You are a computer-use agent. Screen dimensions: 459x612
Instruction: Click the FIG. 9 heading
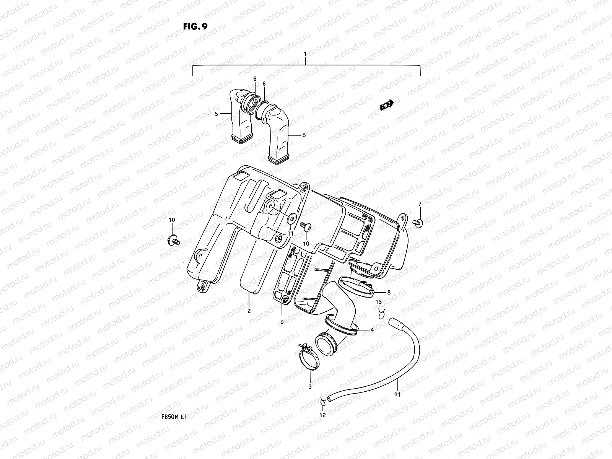(x=195, y=26)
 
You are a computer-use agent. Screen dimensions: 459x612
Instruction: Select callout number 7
(x=420, y=203)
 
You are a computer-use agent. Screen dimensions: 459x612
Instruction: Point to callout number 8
(x=389, y=293)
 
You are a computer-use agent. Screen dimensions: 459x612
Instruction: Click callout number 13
(x=378, y=302)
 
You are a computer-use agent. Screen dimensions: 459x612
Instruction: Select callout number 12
(x=322, y=415)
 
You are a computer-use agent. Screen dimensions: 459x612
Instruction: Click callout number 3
(x=310, y=387)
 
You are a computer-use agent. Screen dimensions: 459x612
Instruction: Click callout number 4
(x=372, y=330)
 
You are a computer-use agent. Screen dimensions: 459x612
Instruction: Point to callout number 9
(x=282, y=322)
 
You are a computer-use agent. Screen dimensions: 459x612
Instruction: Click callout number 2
(x=249, y=311)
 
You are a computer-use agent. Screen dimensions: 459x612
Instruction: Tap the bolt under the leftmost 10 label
(x=174, y=241)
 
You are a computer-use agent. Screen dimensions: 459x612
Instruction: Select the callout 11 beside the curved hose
(x=397, y=394)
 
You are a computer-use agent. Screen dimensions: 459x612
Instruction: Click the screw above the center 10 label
(x=306, y=227)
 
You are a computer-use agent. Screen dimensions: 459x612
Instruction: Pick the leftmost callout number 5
(x=216, y=114)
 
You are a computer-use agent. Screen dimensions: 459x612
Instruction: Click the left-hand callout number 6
(x=254, y=78)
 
